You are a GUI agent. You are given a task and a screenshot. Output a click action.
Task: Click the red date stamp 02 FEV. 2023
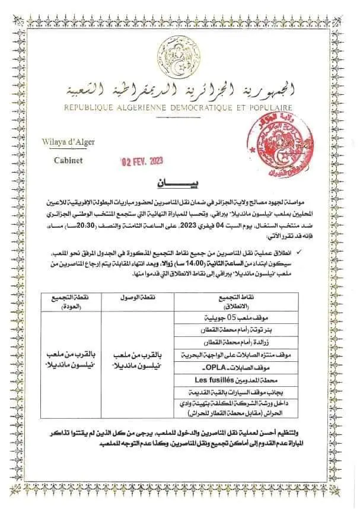142,161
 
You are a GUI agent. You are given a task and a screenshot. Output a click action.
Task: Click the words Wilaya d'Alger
64,141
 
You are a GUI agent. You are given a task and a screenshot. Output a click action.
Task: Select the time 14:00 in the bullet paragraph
193,247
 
